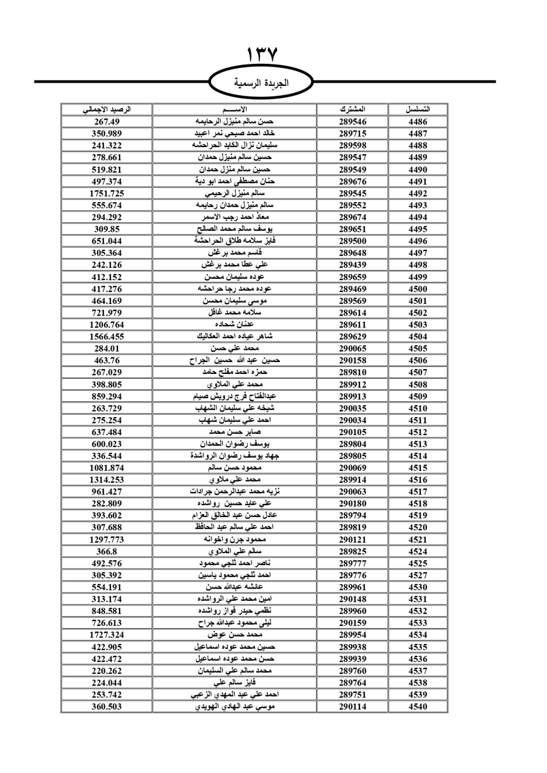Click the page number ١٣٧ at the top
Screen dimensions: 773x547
pyautogui.click(x=263, y=55)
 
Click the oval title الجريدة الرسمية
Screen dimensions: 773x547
pyautogui.click(x=261, y=84)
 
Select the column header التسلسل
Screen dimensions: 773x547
pyautogui.click(x=418, y=109)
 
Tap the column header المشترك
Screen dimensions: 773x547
pyautogui.click(x=352, y=109)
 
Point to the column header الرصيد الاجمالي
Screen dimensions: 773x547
pyautogui.click(x=107, y=109)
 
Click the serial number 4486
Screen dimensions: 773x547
pyautogui.click(x=418, y=122)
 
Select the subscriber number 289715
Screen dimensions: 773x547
pyautogui.click(x=352, y=134)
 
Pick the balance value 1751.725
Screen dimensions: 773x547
pyautogui.click(x=107, y=194)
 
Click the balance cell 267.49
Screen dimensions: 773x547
pyautogui.click(x=107, y=122)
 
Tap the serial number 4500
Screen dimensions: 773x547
pyautogui.click(x=418, y=289)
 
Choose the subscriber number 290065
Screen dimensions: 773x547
pyautogui.click(x=352, y=349)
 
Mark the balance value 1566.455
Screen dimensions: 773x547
pyautogui.click(x=107, y=337)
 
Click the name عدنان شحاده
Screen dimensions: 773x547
pyautogui.click(x=235, y=325)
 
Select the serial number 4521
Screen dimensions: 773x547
pyautogui.click(x=418, y=540)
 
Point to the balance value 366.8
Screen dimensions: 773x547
pyautogui.click(x=107, y=552)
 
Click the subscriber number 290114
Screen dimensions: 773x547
pyautogui.click(x=352, y=707)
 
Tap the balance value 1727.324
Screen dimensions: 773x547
pyautogui.click(x=107, y=635)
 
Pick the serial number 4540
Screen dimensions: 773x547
pyautogui.click(x=418, y=707)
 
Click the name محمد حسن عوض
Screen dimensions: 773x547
pyautogui.click(x=235, y=635)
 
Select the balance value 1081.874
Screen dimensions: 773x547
pyautogui.click(x=107, y=468)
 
